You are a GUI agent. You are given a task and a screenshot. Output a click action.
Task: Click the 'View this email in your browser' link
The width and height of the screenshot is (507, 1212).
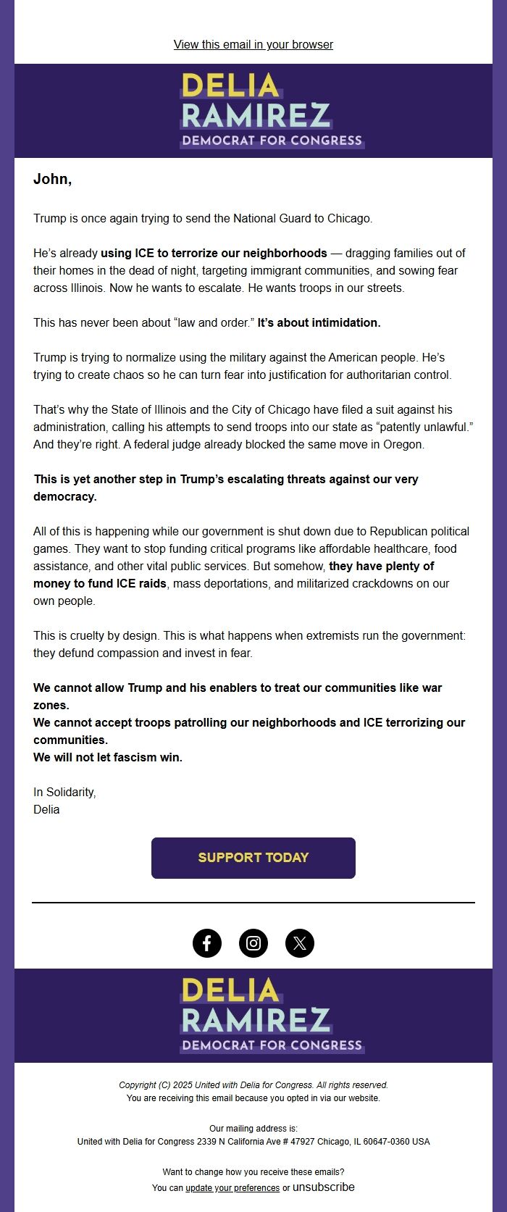[x=253, y=45]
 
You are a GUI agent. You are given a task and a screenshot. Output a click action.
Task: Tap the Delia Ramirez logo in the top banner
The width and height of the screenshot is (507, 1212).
[x=271, y=110]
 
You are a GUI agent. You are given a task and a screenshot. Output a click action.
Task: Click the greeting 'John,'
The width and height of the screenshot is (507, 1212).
[x=52, y=180]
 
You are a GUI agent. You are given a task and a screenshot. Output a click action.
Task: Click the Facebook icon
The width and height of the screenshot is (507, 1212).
[x=207, y=943]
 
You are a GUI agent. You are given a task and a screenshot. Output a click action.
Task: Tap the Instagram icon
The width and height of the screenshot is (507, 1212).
[x=253, y=943]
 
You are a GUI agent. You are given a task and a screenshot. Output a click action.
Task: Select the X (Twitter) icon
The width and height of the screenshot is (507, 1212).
[x=300, y=943]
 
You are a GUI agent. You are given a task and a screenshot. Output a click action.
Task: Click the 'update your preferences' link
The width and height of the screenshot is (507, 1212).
[x=232, y=1188]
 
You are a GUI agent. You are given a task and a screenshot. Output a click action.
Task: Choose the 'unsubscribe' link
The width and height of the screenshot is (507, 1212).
[x=323, y=1187]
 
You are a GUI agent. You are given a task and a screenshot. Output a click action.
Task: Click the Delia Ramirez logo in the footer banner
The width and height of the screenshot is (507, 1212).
[x=271, y=1015]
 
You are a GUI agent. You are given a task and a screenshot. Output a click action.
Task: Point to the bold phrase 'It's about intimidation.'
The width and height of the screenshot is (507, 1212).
[x=319, y=323]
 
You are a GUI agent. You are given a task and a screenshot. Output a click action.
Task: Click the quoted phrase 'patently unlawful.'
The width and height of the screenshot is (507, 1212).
[x=424, y=427]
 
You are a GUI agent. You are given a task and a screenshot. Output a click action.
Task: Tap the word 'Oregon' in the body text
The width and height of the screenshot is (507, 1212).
[x=403, y=445]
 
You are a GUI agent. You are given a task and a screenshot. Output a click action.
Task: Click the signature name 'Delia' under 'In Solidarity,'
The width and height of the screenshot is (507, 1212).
[x=46, y=810]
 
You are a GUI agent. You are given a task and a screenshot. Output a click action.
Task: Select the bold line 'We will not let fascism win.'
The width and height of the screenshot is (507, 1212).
[x=108, y=758]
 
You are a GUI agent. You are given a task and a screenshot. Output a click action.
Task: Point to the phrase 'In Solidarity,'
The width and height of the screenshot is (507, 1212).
[x=64, y=793]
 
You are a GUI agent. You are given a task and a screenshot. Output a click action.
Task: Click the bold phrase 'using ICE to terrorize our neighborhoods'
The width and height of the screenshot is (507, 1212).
[x=214, y=254]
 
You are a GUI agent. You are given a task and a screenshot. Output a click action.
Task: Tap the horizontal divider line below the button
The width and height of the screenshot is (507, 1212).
[x=253, y=903]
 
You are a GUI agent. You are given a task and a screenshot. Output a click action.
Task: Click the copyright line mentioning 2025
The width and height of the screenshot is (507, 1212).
[x=253, y=1085]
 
